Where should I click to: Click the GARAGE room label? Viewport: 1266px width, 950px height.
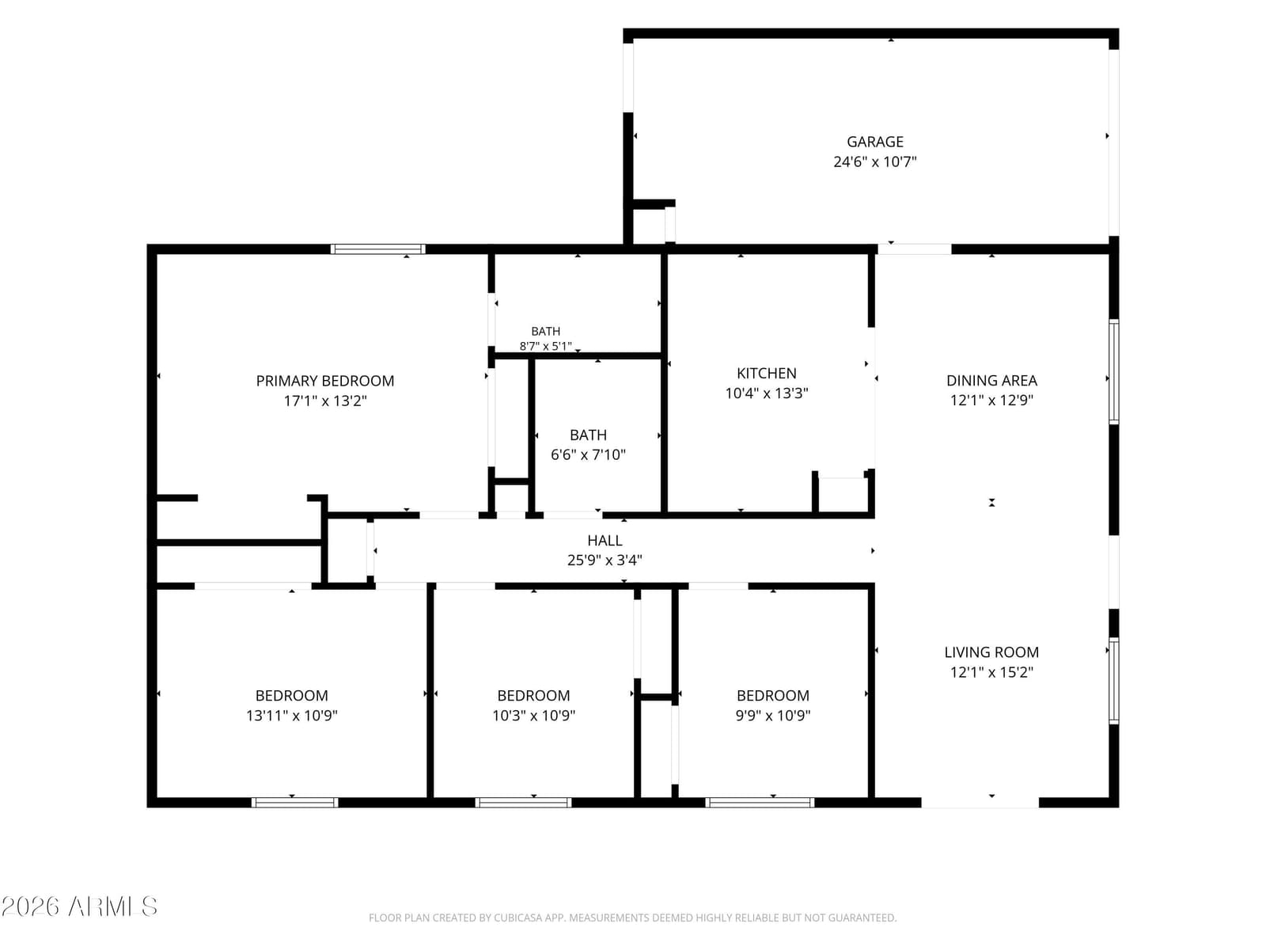[x=874, y=142]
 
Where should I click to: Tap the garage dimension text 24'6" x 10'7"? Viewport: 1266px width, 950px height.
[x=874, y=162]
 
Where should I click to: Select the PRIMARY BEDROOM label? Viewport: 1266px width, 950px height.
[x=324, y=382]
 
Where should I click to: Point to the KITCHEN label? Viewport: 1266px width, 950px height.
[x=766, y=373]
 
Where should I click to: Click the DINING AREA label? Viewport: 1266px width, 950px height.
[x=991, y=381]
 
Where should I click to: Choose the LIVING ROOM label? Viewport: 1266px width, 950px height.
[x=991, y=652]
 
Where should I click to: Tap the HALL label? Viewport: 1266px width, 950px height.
[x=605, y=541]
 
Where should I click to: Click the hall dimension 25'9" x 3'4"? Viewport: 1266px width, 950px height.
[x=605, y=560]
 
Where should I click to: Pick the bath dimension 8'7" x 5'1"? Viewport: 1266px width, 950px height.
[x=545, y=346]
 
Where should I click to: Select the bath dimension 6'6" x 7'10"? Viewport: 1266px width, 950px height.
[x=588, y=455]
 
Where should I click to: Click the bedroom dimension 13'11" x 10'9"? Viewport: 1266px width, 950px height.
[x=291, y=716]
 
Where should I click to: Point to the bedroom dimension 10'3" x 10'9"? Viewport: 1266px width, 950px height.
[x=533, y=716]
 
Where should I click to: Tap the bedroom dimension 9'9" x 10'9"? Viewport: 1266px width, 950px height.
[x=772, y=716]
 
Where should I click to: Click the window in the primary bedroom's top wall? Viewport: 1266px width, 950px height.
[x=377, y=249]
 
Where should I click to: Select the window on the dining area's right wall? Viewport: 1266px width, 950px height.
[x=1114, y=372]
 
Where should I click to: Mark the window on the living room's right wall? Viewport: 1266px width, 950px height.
[x=1114, y=681]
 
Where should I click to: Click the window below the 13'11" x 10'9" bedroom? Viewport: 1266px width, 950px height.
[x=294, y=802]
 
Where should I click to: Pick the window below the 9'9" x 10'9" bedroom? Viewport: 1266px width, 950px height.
[x=760, y=802]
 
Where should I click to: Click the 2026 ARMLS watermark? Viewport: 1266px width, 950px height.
[x=79, y=906]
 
